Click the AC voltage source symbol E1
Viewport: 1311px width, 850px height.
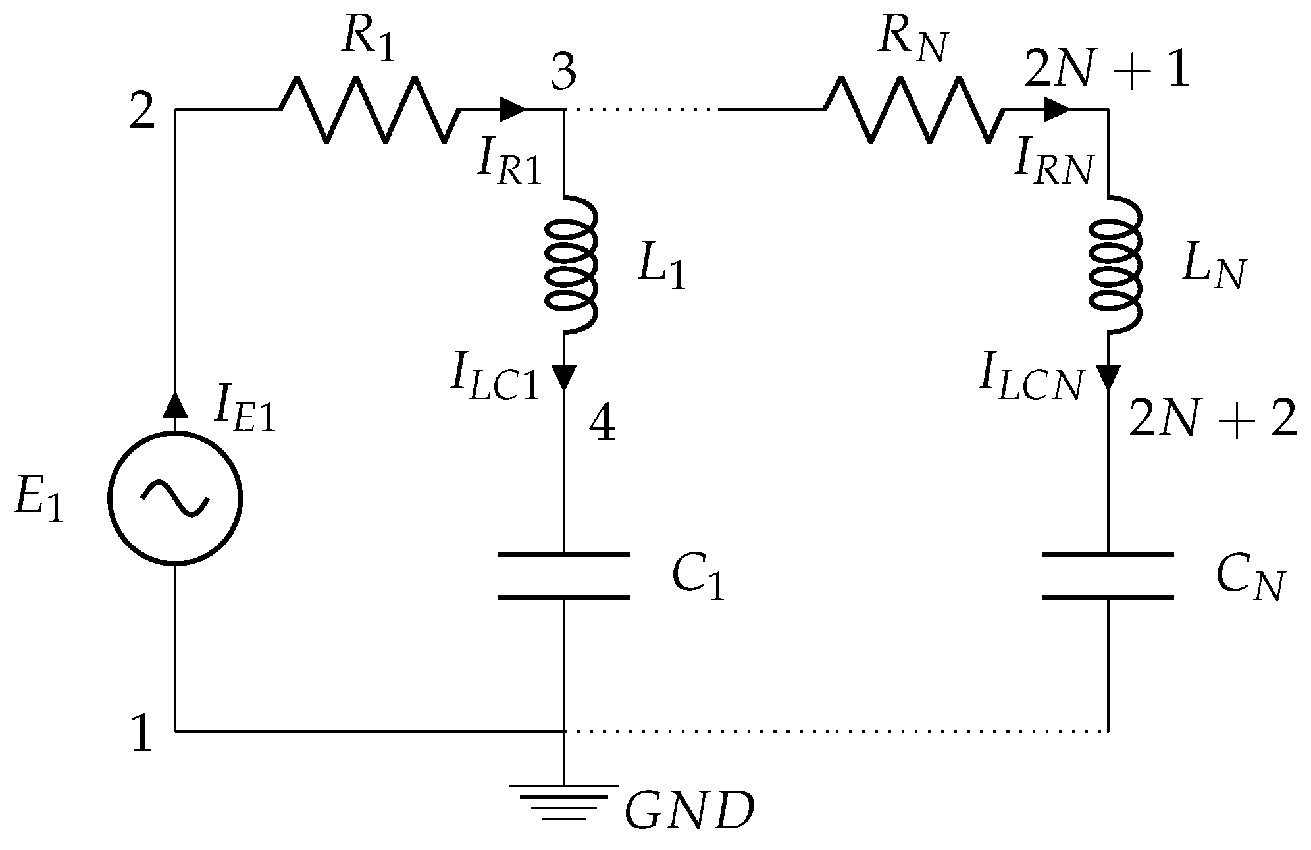point(175,498)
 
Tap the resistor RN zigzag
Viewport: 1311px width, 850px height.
point(915,109)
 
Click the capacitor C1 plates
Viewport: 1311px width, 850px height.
point(564,576)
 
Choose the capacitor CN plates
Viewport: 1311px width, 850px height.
point(1108,576)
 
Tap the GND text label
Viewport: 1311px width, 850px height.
point(688,811)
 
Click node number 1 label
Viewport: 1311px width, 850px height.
point(141,735)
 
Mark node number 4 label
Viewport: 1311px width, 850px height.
point(602,425)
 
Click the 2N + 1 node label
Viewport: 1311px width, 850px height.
point(1107,71)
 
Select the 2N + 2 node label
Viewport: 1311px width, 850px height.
point(1212,419)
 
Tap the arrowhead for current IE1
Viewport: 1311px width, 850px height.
point(175,404)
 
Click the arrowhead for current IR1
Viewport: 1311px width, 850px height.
point(512,109)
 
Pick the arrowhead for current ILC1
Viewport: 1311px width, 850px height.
point(564,377)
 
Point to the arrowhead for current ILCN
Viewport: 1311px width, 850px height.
point(1108,377)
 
